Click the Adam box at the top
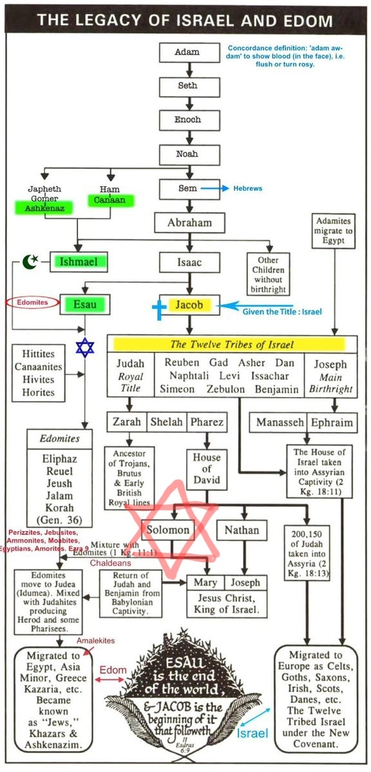pos(189,53)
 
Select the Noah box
pos(189,154)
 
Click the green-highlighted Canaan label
pos(111,200)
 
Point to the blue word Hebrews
pos(247,189)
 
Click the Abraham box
pos(189,222)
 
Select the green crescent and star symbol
pos(30,262)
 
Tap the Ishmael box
pos(79,262)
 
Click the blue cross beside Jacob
pos(159,309)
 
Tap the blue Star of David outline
pos(84,347)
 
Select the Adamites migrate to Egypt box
pos(334,231)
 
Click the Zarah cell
pos(128,422)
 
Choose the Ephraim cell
pos(332,423)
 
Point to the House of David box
pos(207,468)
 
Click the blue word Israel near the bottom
pos(252,733)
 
